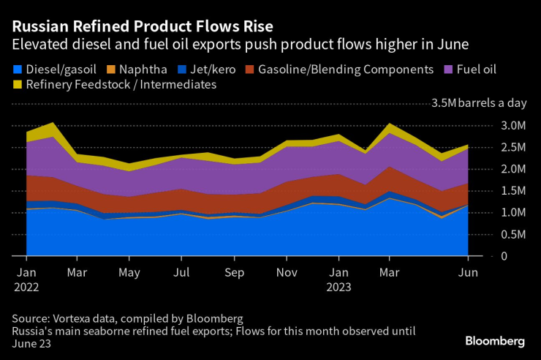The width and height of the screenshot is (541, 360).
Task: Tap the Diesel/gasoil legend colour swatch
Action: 18,70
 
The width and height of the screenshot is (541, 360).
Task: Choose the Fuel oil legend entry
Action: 475,70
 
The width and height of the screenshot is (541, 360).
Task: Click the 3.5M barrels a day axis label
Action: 479,103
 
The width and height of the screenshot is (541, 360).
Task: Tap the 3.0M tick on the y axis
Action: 512,126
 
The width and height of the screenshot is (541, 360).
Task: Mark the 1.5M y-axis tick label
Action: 512,191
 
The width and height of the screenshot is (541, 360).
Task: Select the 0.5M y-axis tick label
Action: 512,234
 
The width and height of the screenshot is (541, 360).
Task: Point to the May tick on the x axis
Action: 129,272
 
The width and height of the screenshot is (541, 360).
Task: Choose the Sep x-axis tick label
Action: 234,272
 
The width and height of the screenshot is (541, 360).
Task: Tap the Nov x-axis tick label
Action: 287,272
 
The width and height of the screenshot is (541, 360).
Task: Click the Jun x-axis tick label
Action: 468,272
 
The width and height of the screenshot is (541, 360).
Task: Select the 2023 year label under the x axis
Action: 338,287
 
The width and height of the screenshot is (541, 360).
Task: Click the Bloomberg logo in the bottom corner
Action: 495,341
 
